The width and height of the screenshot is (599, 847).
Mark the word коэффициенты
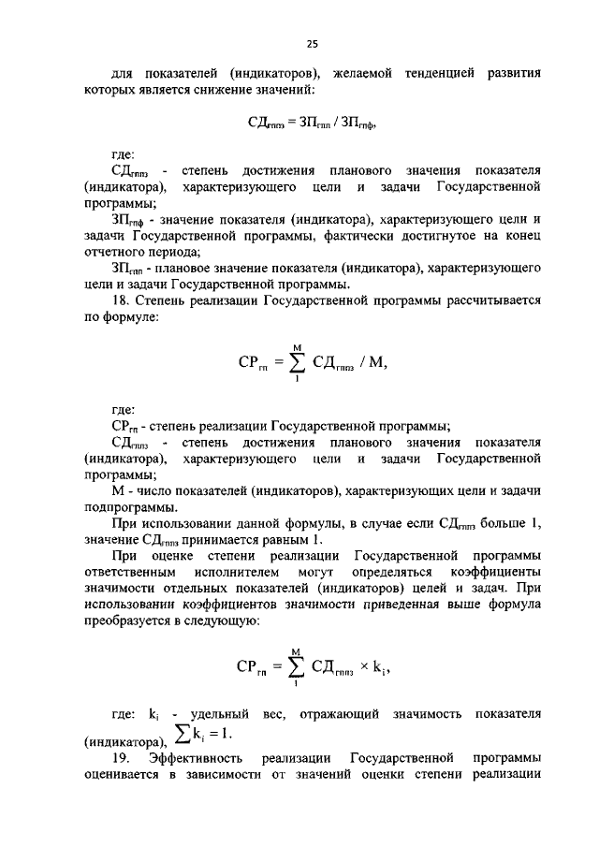[x=494, y=575]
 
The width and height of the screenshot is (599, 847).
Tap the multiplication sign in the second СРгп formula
[x=364, y=668]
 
